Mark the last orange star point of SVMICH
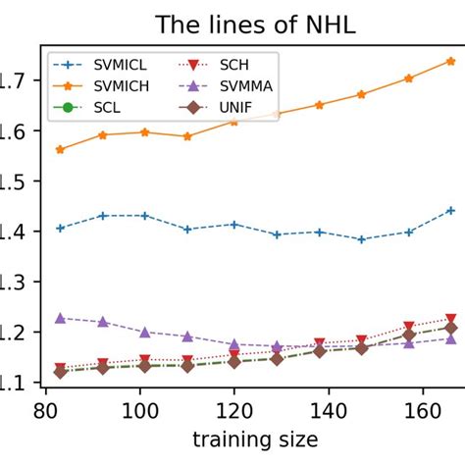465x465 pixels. (450, 61)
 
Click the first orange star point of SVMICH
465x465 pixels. (60, 149)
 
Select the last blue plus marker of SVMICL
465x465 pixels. (450, 210)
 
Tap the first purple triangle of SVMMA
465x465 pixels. (60, 318)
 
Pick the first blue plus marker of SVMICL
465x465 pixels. (60, 228)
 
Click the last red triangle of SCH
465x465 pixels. (450, 319)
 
